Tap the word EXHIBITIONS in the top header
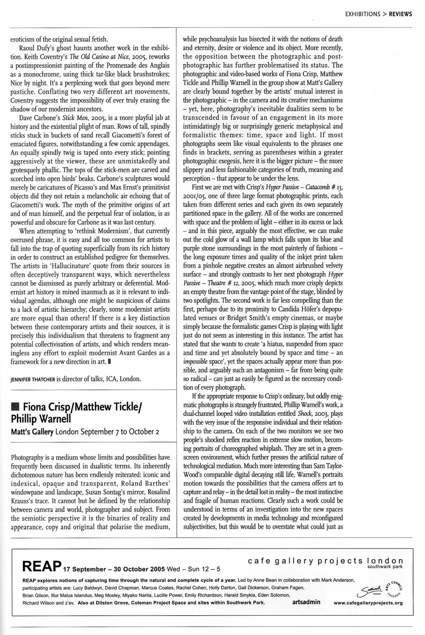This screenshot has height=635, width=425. click(x=363, y=14)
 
